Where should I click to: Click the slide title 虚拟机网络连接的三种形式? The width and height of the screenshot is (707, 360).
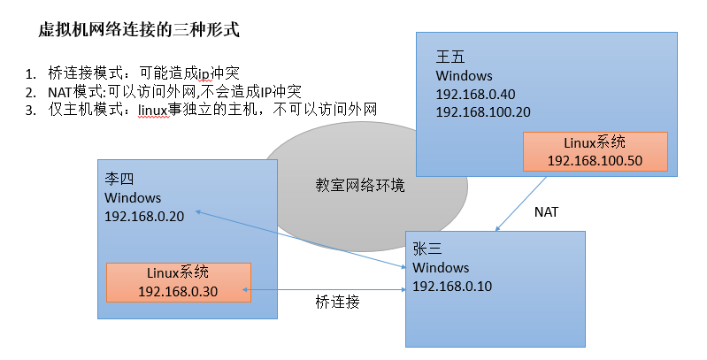[x=139, y=30]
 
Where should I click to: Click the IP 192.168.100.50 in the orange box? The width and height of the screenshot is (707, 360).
[x=594, y=160]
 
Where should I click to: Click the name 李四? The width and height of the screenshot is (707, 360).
[x=119, y=180]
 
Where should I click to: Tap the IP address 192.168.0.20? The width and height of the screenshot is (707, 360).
[x=144, y=216]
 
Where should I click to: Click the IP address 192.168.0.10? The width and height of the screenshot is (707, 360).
[x=452, y=286]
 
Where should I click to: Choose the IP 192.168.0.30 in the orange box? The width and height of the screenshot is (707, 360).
[x=178, y=291]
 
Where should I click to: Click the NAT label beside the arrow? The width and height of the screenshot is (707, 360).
[x=547, y=212]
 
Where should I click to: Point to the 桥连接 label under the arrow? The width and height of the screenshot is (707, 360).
[x=337, y=302]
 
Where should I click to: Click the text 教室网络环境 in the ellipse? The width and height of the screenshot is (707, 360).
[x=360, y=186]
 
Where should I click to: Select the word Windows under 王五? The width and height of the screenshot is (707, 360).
[x=465, y=76]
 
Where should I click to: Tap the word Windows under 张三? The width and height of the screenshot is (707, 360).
[x=441, y=267]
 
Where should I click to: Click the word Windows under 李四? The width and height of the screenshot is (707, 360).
[x=133, y=197]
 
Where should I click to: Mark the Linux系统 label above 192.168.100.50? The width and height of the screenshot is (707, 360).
[x=594, y=142]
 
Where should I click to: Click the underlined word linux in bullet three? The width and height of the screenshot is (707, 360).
[x=151, y=110]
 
